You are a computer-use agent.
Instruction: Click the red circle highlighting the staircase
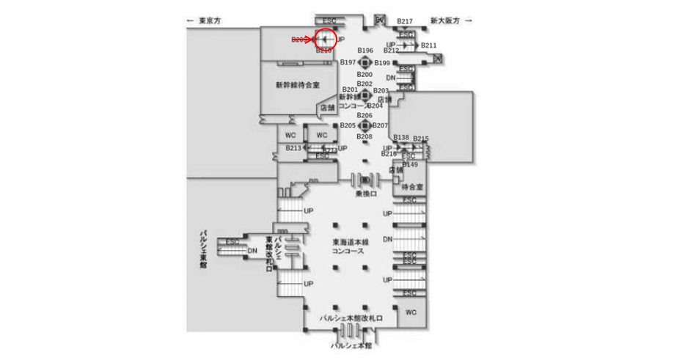click(325, 39)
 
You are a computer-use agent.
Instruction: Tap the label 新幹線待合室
click(297, 85)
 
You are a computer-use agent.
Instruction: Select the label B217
click(405, 21)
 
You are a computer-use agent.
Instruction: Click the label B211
click(428, 45)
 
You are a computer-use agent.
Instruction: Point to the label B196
click(365, 51)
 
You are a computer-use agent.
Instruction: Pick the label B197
click(348, 63)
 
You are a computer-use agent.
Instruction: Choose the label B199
click(382, 63)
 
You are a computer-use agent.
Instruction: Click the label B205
click(348, 125)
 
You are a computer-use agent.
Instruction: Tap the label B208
click(365, 137)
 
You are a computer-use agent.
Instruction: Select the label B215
click(421, 139)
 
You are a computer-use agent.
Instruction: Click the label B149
click(409, 164)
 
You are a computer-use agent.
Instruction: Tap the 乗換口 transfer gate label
click(365, 194)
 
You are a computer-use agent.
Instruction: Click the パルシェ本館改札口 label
click(348, 319)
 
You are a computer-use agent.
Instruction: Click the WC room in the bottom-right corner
click(411, 312)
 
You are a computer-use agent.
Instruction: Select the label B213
click(293, 148)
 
